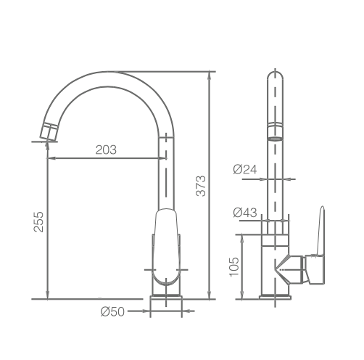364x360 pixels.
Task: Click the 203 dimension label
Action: tap(106, 150)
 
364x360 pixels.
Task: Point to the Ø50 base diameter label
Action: tap(113, 311)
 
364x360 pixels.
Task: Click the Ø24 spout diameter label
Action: tap(246, 169)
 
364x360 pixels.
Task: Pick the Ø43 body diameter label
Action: tap(246, 213)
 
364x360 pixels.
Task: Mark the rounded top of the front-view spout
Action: tap(275, 75)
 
